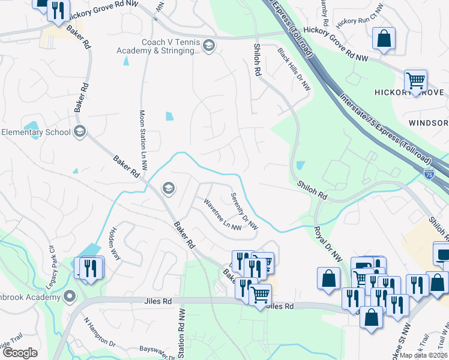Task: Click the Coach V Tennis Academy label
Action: click(170, 46)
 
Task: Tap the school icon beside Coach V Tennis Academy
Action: click(208, 46)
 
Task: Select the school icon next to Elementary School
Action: click(79, 131)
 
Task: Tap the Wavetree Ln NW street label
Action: click(222, 215)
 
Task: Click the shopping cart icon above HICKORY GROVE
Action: click(415, 80)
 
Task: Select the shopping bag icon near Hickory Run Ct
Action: click(384, 39)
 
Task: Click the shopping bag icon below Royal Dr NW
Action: click(328, 279)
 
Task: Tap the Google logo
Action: click(20, 353)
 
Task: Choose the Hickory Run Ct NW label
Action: click(359, 17)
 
